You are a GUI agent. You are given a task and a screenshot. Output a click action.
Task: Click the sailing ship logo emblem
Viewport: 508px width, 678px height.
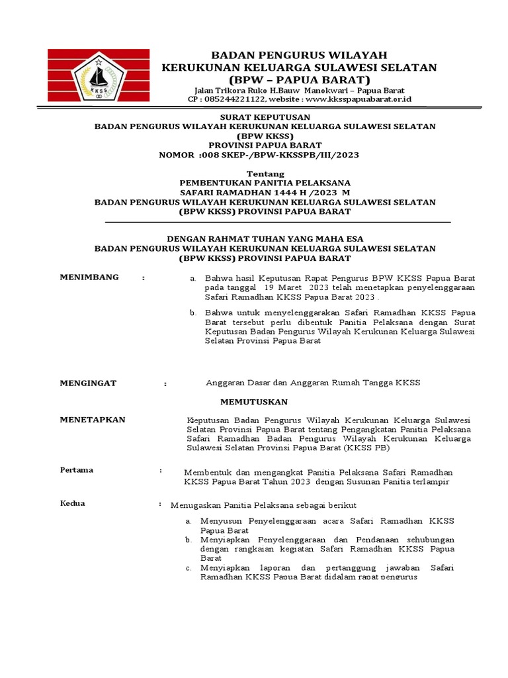point(98,75)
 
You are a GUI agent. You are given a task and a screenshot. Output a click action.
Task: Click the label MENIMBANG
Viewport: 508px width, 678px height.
point(89,277)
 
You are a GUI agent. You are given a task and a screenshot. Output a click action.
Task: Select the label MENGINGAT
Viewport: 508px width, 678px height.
point(88,383)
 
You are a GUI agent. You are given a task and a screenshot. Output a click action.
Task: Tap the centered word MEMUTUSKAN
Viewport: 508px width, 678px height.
point(254,402)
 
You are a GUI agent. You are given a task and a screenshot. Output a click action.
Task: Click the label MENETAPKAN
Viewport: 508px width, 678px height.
point(93,420)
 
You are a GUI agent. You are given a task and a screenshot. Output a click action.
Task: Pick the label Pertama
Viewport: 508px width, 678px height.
point(77,470)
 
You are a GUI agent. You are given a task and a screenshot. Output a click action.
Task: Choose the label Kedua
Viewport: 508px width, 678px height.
point(72,504)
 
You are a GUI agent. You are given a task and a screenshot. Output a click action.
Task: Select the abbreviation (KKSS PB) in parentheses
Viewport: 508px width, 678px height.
point(366,448)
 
